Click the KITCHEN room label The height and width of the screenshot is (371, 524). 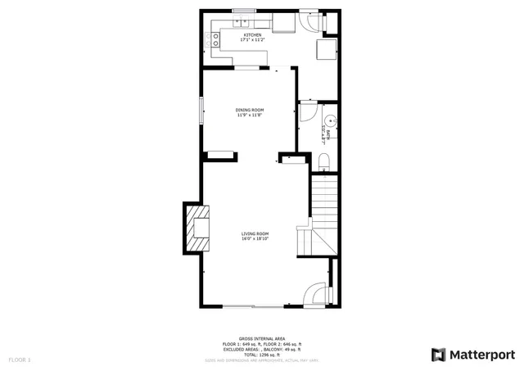tap(251, 35)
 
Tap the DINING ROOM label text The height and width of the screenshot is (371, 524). tap(250, 110)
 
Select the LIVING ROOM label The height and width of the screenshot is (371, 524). tap(255, 234)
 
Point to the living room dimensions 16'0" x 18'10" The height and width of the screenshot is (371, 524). tap(255, 239)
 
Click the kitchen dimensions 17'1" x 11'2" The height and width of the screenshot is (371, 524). tap(251, 40)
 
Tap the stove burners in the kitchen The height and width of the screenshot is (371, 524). tap(215, 37)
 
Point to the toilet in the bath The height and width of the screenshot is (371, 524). tap(323, 161)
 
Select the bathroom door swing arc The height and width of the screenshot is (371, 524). tap(309, 111)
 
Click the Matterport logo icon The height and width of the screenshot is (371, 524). tap(439, 354)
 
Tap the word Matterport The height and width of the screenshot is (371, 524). tap(482, 354)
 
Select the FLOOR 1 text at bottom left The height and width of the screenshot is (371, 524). tap(20, 360)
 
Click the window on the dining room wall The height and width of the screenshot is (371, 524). tap(201, 111)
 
